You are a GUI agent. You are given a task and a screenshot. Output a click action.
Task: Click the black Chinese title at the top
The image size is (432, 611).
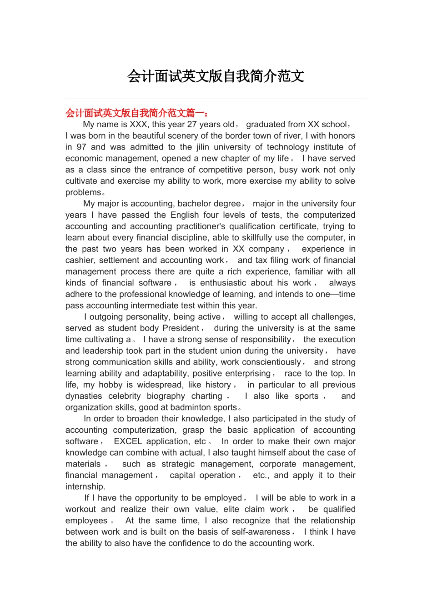point(216,76)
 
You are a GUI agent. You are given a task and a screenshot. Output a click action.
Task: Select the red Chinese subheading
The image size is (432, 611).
point(136,113)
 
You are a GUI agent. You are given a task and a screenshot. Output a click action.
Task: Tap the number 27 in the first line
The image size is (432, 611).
point(192,125)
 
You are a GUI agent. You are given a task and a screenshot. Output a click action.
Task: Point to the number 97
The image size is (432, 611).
point(81,147)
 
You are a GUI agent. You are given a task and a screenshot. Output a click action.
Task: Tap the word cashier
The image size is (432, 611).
point(80,260)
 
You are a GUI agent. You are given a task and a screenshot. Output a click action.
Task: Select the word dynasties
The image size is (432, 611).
point(84,396)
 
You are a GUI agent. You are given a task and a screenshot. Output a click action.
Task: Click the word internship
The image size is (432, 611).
point(85,487)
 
